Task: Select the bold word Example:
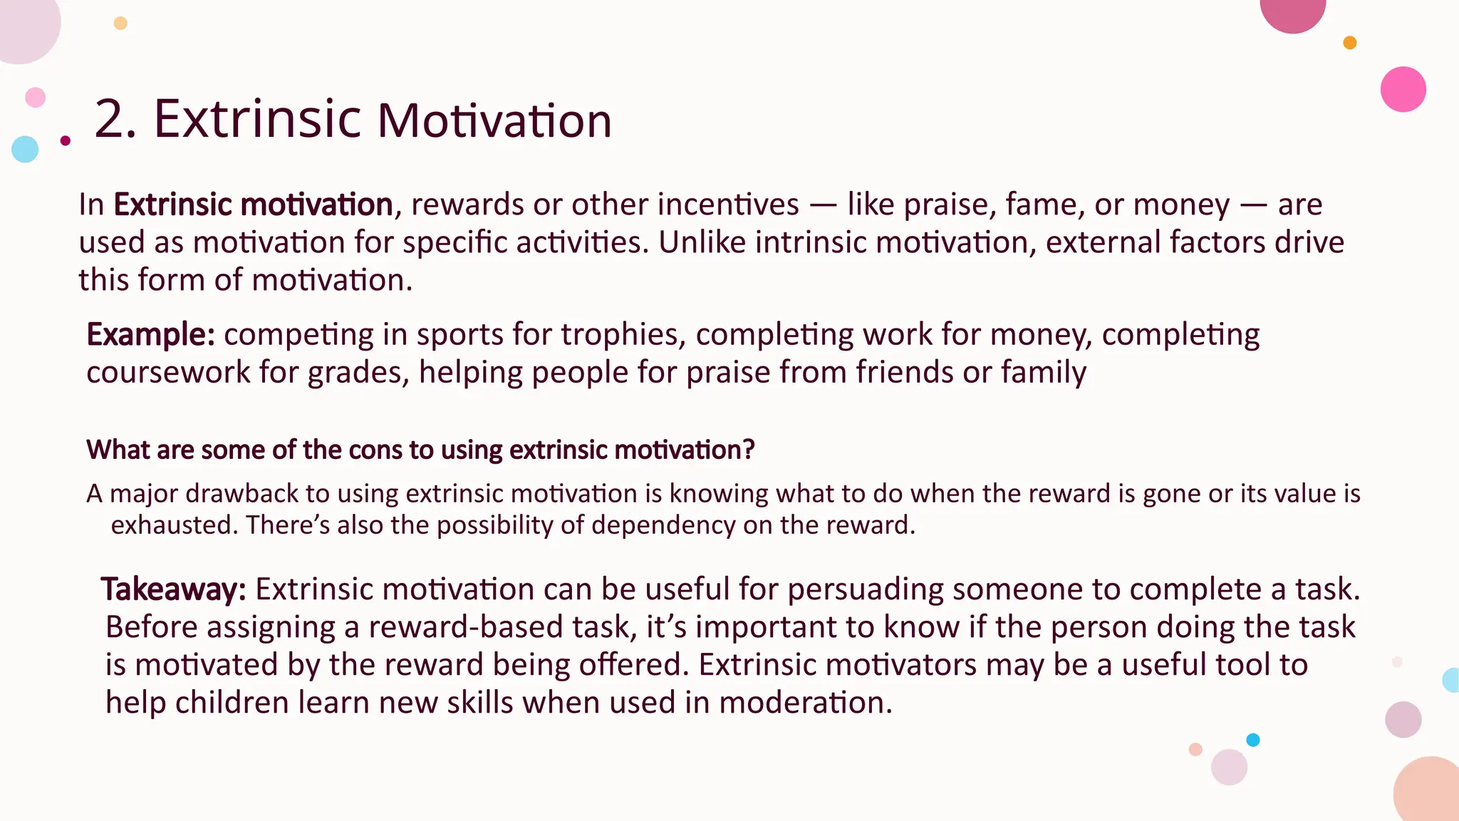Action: (x=150, y=334)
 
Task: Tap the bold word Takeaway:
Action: (x=173, y=589)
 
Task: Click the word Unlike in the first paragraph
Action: (x=702, y=242)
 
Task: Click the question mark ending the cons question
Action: (x=748, y=450)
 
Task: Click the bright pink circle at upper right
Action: (x=1403, y=89)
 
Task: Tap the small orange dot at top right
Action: (x=1349, y=43)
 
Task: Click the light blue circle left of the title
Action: (x=25, y=149)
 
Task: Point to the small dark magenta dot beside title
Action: (x=66, y=140)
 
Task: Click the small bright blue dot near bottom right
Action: (x=1252, y=740)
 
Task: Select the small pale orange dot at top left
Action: (x=120, y=23)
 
